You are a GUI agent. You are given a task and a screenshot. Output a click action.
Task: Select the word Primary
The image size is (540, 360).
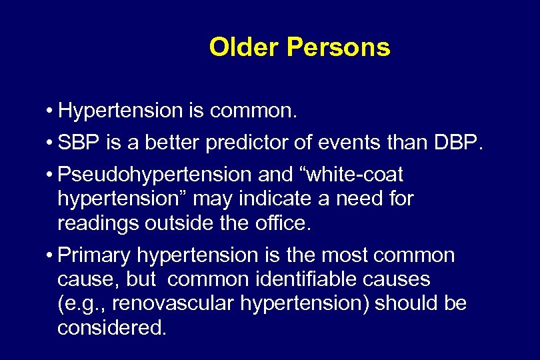click(x=95, y=256)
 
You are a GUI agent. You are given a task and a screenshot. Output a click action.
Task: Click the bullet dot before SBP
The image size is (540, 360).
click(x=51, y=144)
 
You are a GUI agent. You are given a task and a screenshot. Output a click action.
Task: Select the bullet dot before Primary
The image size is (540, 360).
click(x=51, y=256)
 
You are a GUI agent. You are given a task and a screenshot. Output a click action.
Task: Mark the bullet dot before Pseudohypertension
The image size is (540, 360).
click(x=51, y=176)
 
